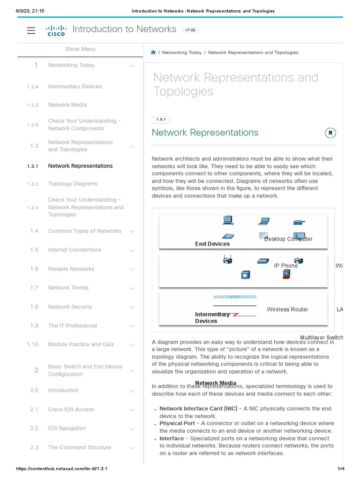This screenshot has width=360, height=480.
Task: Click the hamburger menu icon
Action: click(31, 30)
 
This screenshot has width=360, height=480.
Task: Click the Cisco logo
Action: click(56, 31)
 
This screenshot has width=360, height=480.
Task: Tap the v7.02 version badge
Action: click(190, 30)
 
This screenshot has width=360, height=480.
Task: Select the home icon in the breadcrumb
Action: click(153, 52)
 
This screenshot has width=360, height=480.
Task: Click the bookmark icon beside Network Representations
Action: click(330, 133)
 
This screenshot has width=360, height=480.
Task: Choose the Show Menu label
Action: click(80, 49)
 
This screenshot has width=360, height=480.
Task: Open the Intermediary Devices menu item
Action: click(75, 87)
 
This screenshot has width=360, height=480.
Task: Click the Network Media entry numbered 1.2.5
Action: click(67, 105)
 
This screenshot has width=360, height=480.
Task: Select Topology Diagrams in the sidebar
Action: click(73, 184)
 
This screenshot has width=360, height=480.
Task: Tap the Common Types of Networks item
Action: click(84, 231)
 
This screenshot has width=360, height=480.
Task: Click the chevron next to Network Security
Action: click(132, 307)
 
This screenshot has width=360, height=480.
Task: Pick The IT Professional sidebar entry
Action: click(72, 326)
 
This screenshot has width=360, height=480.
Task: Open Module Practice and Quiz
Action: click(81, 345)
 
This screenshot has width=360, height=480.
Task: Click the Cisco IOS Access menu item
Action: click(71, 410)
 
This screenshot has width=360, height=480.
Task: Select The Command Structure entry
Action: click(79, 448)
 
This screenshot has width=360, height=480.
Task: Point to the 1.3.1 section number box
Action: click(161, 120)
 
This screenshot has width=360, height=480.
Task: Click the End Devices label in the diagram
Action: click(212, 244)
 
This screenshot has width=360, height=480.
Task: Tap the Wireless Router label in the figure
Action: click(287, 309)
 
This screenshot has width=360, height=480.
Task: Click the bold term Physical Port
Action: click(177, 423)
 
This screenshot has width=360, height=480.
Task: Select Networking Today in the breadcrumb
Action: click(182, 52)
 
